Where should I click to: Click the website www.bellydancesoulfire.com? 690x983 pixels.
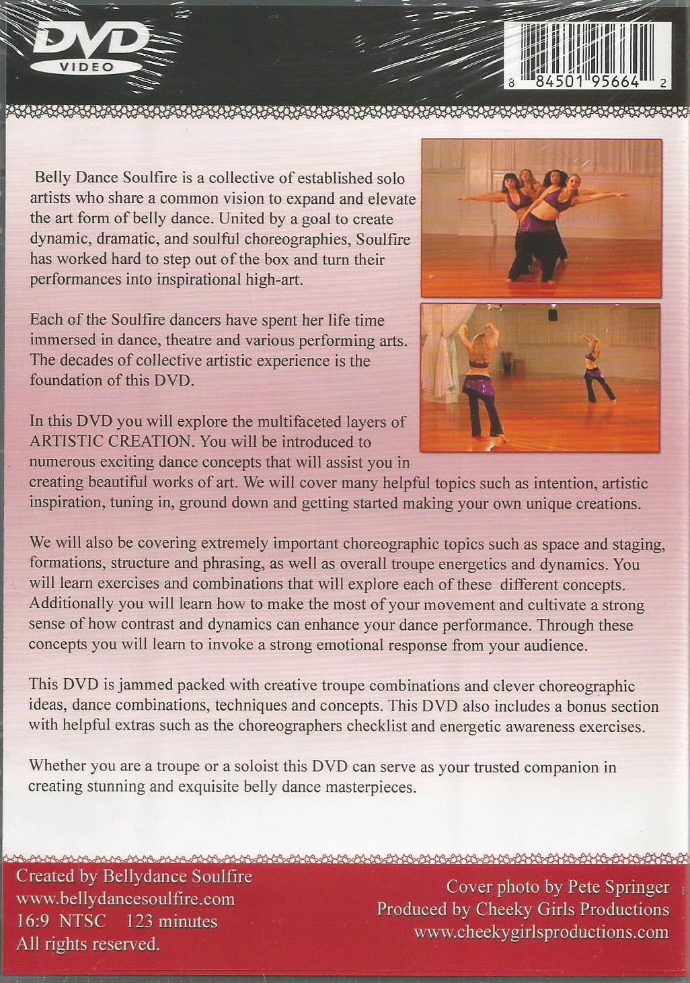click(x=125, y=899)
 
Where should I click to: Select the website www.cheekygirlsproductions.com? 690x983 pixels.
click(x=541, y=932)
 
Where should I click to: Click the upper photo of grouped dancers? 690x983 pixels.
click(x=541, y=217)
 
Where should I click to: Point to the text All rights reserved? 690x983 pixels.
click(x=88, y=944)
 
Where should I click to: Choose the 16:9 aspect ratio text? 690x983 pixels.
click(x=33, y=921)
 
